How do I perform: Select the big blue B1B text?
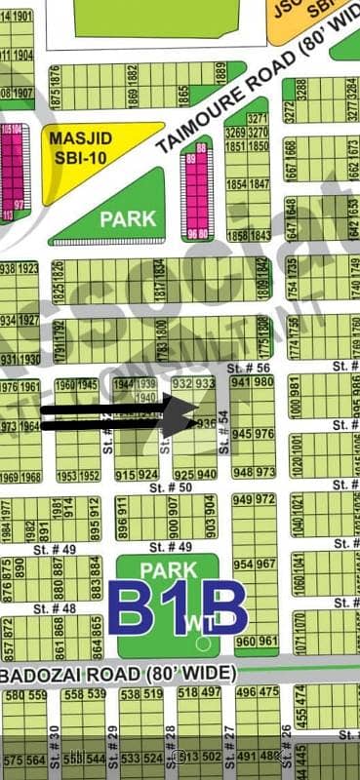pyautogui.click(x=177, y=608)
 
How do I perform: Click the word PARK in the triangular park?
pyautogui.click(x=128, y=218)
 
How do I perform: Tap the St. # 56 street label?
pyautogui.click(x=249, y=368)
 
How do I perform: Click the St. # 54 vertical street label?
pyautogui.click(x=224, y=432)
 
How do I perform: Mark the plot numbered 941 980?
pyautogui.click(x=253, y=382)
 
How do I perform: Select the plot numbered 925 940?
pyautogui.click(x=195, y=474)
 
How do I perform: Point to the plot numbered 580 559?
pyautogui.click(x=25, y=694)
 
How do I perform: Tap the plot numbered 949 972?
pyautogui.click(x=254, y=499)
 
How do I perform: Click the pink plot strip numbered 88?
pyautogui.click(x=202, y=147)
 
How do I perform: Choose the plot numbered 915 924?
pyautogui.click(x=136, y=474)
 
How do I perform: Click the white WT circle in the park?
pyautogui.click(x=202, y=643)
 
